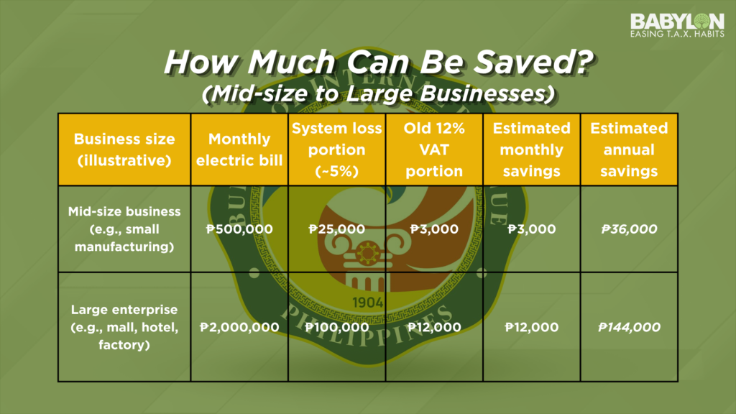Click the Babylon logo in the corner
pos(677,25)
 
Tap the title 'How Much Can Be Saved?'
pos(378,62)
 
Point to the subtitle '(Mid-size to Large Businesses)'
pos(378,93)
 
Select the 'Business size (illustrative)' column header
pos(124,149)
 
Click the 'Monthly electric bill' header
pos(239,149)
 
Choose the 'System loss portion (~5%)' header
pos(336,149)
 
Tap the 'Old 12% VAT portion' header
pos(434,149)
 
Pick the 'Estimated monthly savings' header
pos(531,149)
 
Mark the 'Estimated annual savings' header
pos(629,149)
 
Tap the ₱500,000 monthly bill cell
pos(239,229)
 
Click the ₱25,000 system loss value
pos(336,229)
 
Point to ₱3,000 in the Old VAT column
pos(434,229)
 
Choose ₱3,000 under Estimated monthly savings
pos(531,229)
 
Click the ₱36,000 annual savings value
pos(629,229)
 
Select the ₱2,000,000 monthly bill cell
pos(239,327)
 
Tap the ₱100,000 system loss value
pos(336,327)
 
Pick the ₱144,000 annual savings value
pos(629,327)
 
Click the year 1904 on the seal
pos(367,303)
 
